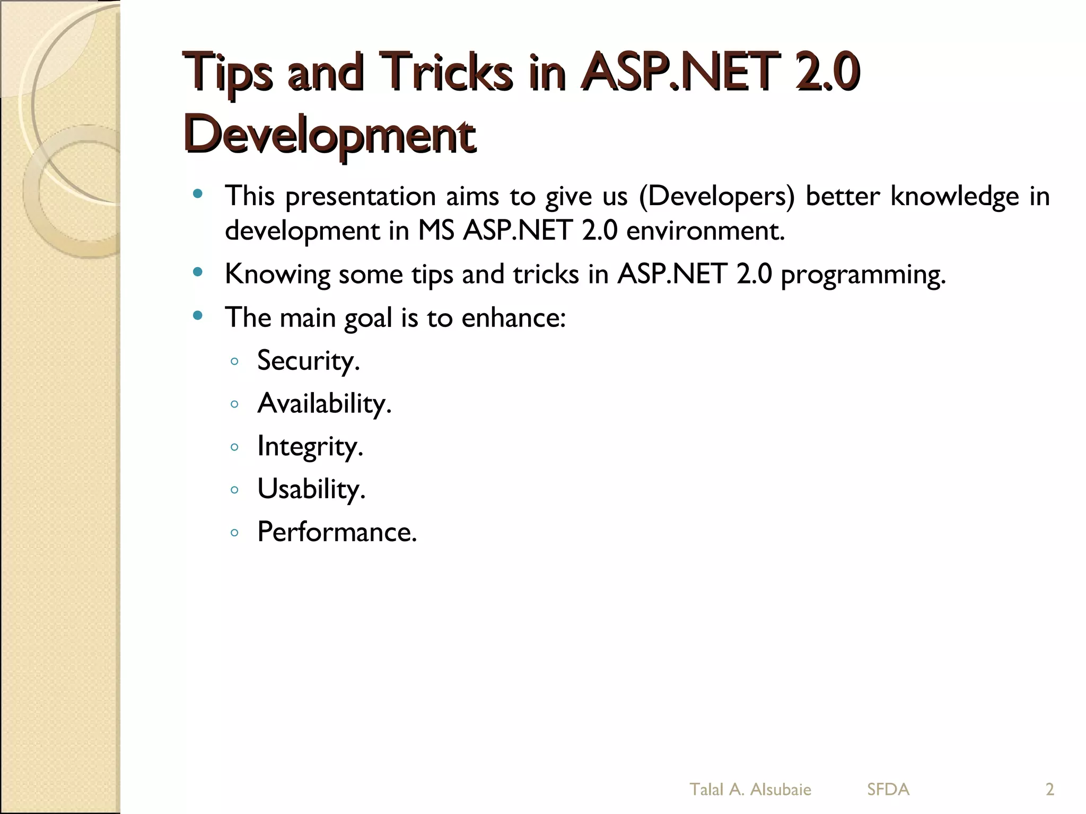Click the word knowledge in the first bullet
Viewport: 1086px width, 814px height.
954,196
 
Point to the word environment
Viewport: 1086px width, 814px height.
705,231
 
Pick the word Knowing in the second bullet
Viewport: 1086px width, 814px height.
277,275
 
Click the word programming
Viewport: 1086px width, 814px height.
863,275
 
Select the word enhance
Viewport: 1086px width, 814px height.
513,318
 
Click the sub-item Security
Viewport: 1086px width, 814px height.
308,360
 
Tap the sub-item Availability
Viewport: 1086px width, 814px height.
324,403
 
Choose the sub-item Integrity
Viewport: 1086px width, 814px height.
310,446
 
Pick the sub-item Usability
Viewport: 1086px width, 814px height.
311,489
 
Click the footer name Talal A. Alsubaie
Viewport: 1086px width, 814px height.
750,790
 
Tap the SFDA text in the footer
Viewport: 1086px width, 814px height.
888,790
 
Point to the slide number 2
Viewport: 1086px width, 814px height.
1049,790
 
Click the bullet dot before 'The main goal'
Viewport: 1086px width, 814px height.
198,316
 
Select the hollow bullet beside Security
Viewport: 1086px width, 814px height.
234,361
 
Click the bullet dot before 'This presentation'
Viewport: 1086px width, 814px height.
198,194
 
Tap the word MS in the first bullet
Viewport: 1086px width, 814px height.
436,231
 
